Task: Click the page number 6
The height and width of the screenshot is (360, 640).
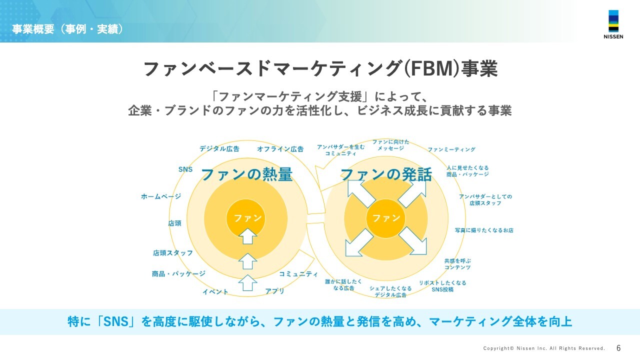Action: (618, 348)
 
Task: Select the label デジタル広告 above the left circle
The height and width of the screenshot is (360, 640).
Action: (219, 148)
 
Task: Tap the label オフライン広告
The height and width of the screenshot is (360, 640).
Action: (280, 148)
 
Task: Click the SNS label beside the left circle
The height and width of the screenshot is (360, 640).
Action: (185, 169)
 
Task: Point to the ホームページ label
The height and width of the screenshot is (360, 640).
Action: (161, 197)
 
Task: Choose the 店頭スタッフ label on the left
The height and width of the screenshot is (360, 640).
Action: (173, 253)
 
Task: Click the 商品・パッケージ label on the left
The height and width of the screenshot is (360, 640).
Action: (178, 274)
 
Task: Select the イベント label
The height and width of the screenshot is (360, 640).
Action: (215, 292)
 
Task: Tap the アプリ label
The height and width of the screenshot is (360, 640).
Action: (275, 291)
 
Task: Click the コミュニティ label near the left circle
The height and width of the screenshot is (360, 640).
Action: (298, 274)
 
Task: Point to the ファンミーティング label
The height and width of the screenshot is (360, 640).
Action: (451, 149)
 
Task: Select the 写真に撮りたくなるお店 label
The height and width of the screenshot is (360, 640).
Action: (484, 230)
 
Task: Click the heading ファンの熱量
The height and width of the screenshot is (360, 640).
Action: (246, 174)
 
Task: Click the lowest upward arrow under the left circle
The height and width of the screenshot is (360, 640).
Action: (247, 282)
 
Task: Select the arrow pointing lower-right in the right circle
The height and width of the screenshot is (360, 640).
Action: (414, 241)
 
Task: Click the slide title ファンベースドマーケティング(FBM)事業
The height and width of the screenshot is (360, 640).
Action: (320, 69)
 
